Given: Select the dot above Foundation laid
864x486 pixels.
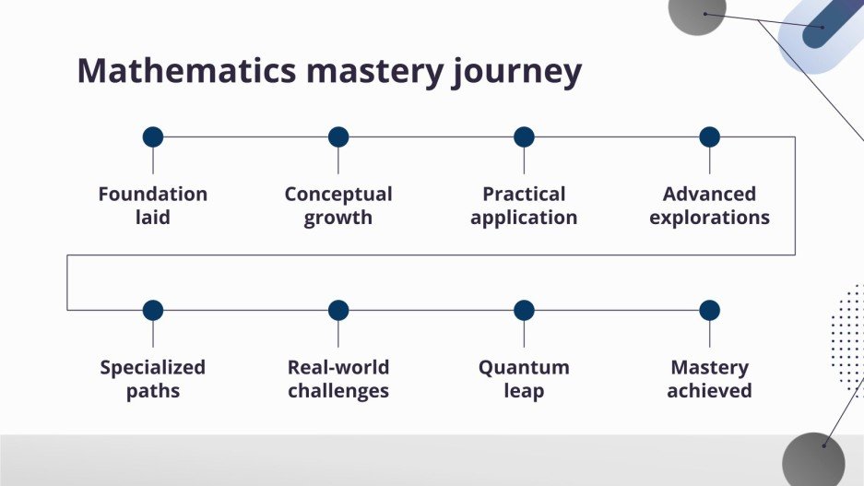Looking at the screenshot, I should click(x=153, y=137).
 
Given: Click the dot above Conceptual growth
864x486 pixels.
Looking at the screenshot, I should click(x=338, y=137).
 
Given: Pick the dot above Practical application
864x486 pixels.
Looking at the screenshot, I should click(x=524, y=137).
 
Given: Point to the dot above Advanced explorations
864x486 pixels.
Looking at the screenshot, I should click(x=709, y=137).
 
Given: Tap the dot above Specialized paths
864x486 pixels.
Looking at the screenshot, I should click(x=153, y=311).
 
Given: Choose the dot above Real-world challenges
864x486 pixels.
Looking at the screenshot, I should click(x=338, y=311).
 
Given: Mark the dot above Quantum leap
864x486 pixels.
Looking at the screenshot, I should click(x=524, y=311).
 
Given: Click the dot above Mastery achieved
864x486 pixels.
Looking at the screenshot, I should click(x=709, y=311).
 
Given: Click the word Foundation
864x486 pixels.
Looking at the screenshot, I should click(x=153, y=195).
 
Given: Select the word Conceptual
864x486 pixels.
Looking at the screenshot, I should click(x=338, y=195).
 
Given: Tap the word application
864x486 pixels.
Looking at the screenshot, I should click(x=524, y=219).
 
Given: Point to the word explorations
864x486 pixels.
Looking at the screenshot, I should click(x=709, y=219).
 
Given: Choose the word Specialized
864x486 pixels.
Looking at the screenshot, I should click(x=153, y=368).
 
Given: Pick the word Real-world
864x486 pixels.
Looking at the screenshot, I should click(x=338, y=368).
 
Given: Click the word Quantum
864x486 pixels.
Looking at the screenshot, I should click(x=524, y=368).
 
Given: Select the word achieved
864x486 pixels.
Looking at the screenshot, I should click(x=709, y=391).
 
